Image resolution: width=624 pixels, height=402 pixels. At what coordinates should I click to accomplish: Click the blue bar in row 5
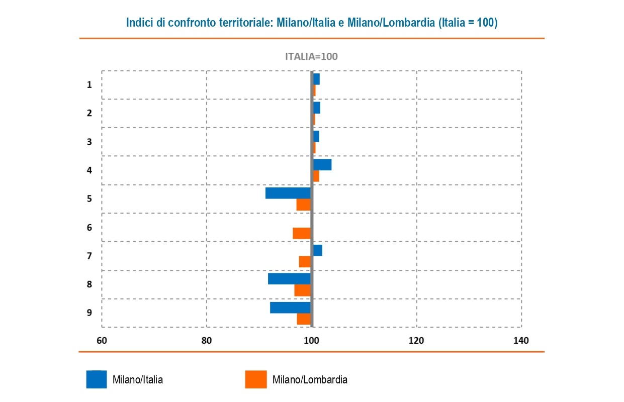pos(288,193)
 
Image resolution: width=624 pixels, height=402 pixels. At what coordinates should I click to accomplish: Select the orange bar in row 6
pos(302,233)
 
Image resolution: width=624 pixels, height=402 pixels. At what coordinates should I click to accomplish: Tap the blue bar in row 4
pos(322,164)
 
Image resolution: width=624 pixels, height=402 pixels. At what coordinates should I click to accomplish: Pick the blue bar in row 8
pos(289,278)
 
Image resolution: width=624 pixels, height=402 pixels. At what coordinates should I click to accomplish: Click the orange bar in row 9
pos(304,319)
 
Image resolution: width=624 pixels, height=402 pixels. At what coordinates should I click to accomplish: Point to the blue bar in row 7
pos(318,250)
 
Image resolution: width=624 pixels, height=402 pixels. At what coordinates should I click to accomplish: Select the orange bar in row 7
pos(305,262)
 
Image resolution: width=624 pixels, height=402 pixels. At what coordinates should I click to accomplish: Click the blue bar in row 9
pos(290,307)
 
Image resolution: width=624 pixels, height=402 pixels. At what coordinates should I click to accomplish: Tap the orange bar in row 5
pos(303,205)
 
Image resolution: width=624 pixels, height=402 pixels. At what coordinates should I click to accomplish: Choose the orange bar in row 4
pos(316,176)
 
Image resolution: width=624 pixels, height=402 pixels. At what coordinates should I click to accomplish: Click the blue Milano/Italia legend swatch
pos(97,379)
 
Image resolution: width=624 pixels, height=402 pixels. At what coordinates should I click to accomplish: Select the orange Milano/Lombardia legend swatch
pos(256,379)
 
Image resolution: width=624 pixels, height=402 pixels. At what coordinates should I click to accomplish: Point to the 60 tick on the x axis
pos(102,341)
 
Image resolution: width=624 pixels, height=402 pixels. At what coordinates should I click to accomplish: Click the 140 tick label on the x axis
pos(521,341)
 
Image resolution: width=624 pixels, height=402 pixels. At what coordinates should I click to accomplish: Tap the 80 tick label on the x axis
pos(206,341)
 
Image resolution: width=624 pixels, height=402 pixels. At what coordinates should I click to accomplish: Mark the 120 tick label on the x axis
pos(416,341)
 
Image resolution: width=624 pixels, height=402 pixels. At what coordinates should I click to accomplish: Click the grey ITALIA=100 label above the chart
pos(311,56)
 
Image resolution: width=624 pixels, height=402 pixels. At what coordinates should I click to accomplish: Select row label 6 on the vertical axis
pos(90,228)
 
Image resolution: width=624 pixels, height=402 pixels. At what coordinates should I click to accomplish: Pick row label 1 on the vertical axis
pos(90,85)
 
